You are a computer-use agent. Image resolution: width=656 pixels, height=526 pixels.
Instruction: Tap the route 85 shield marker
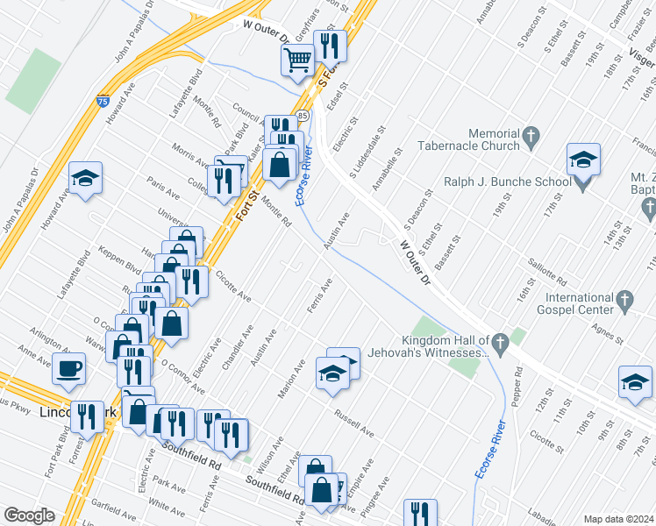[303, 115]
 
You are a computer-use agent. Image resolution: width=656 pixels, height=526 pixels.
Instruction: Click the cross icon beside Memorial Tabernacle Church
[530, 136]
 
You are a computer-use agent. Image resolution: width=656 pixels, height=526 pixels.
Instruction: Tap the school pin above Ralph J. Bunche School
[583, 160]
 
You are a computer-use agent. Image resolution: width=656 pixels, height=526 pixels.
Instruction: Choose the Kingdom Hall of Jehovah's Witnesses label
[445, 346]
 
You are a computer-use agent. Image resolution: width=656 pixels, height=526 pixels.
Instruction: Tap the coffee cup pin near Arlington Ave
[69, 369]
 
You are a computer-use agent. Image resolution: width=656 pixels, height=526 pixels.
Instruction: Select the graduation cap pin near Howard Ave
[86, 179]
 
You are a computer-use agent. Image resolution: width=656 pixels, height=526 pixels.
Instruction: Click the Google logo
[29, 515]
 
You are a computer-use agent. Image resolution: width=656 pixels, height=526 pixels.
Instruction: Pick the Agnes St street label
[605, 334]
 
